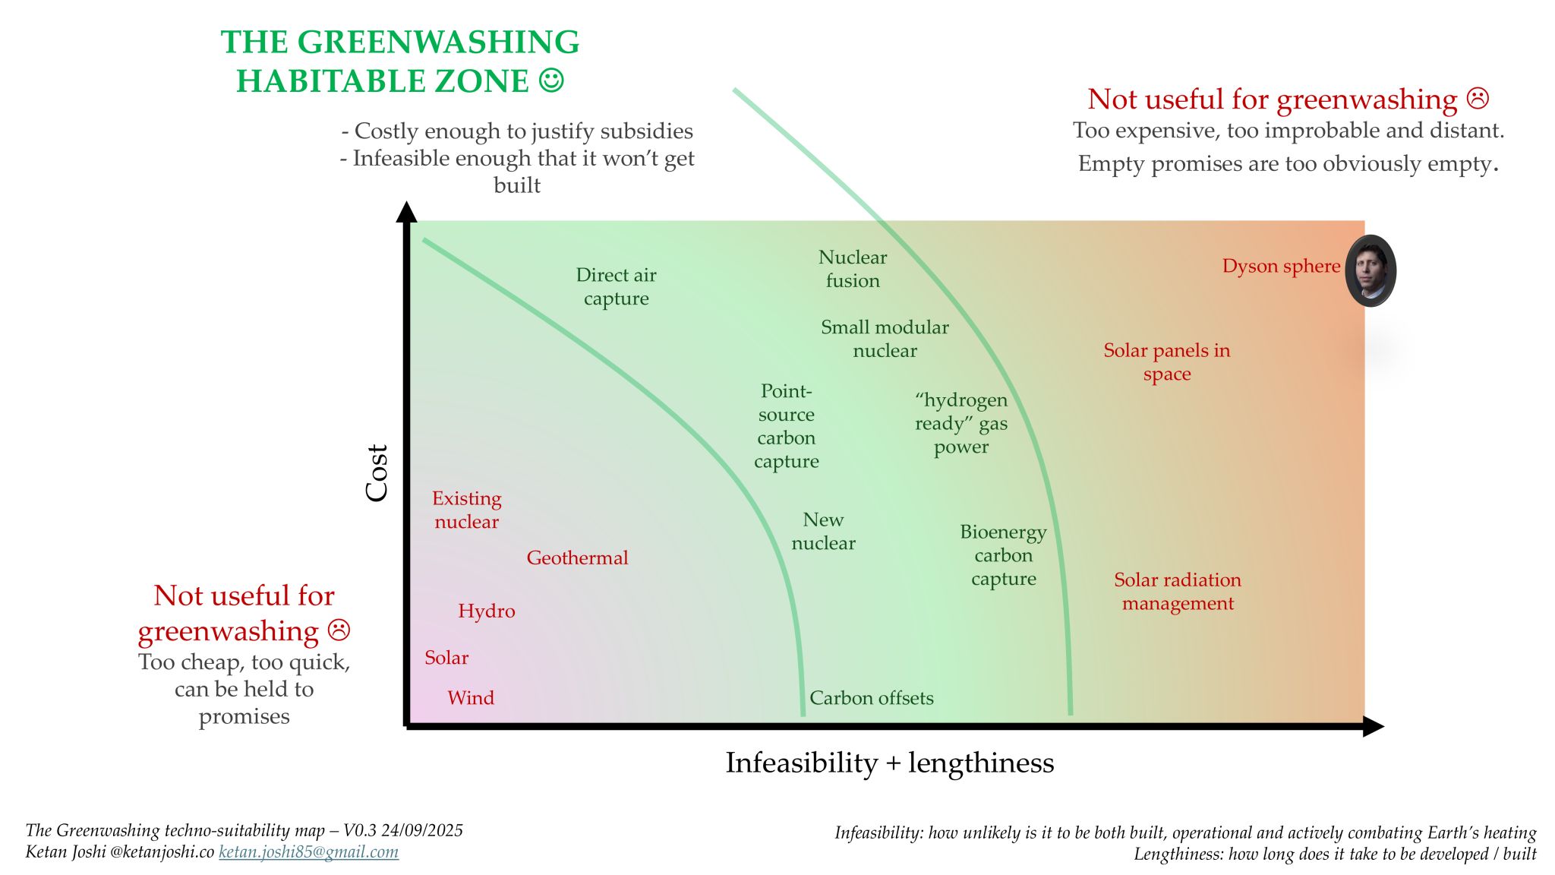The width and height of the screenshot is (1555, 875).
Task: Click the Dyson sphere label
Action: point(1281,267)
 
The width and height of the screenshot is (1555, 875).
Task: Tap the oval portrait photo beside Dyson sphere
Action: point(1370,271)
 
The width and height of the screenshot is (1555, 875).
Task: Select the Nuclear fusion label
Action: point(853,269)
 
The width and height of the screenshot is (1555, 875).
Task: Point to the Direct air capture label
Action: point(616,286)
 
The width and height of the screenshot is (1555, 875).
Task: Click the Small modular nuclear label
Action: point(885,339)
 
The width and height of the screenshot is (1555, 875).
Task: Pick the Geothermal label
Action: point(577,558)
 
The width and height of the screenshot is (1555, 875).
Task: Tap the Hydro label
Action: point(486,611)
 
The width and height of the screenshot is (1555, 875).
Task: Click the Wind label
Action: point(470,698)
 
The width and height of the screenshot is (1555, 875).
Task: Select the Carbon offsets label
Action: point(871,698)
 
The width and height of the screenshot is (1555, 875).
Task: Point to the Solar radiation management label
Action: point(1178,592)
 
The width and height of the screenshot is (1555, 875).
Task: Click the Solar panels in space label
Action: point(1166,362)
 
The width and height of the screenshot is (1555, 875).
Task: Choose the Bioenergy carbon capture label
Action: point(1003,555)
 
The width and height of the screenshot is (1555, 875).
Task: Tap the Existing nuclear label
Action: point(466,510)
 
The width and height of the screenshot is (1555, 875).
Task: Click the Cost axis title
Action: point(377,473)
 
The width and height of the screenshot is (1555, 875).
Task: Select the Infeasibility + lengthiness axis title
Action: point(889,763)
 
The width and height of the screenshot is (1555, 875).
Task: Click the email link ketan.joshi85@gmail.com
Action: point(308,852)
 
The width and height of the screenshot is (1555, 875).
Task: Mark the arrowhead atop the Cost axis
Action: point(407,212)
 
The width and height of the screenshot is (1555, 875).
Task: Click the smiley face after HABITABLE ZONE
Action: point(552,80)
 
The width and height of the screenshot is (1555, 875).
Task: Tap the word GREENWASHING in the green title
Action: point(438,43)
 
